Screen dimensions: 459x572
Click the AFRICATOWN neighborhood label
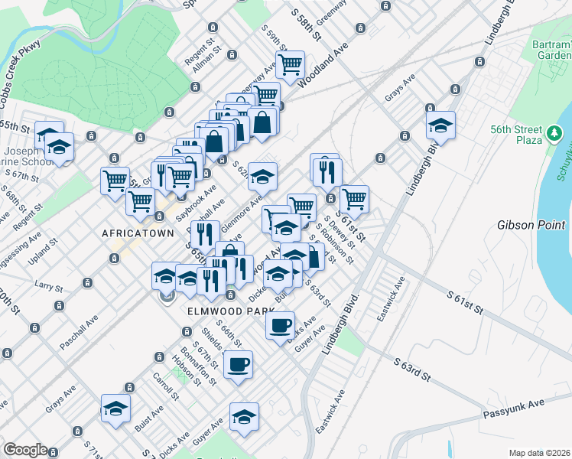tap(134, 231)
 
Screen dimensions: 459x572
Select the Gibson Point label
tap(530, 226)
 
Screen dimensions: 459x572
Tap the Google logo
tap(25, 450)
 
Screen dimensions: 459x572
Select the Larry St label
tap(48, 287)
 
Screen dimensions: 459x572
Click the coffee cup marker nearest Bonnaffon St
tap(238, 363)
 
